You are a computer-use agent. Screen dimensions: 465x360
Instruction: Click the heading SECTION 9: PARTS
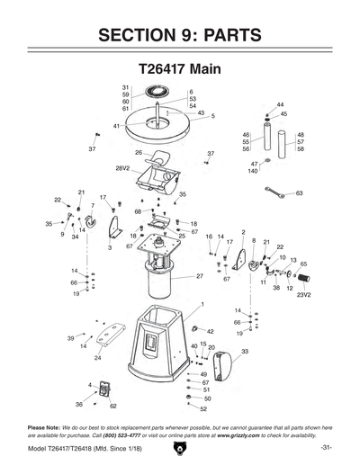click(x=179, y=35)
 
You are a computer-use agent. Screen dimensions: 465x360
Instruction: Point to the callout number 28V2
click(x=122, y=168)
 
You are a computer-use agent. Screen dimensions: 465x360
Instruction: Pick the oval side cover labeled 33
click(x=226, y=367)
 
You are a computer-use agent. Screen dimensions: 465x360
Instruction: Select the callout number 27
click(x=200, y=277)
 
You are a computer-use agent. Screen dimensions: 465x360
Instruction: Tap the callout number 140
click(x=253, y=171)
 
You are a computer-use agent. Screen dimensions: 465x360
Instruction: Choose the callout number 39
click(x=70, y=337)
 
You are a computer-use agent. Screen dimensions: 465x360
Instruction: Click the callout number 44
click(x=280, y=105)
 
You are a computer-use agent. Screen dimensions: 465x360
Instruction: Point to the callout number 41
click(x=117, y=126)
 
